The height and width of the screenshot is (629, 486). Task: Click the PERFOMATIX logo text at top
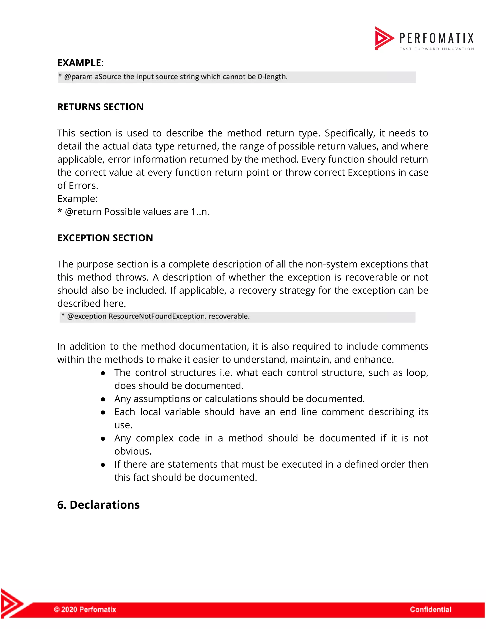click(436, 38)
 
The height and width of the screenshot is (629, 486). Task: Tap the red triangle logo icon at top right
click(384, 38)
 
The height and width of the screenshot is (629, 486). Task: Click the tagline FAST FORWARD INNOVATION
click(436, 49)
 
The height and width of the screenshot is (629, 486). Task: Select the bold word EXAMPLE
click(79, 63)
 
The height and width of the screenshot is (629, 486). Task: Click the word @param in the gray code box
click(78, 77)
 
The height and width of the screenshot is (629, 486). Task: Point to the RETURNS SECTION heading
click(100, 107)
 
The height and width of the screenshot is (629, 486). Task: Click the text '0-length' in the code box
click(272, 77)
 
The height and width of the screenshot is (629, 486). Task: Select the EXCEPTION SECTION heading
click(105, 238)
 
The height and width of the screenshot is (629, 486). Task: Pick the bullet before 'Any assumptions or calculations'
click(103, 399)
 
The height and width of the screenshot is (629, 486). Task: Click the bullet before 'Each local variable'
click(103, 413)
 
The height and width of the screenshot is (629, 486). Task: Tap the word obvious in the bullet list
click(132, 451)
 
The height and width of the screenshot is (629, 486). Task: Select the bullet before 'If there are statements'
click(103, 465)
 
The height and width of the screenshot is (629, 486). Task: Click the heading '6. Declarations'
click(98, 505)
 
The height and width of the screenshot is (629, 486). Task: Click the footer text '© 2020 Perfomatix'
click(85, 609)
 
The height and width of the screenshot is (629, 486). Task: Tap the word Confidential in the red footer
click(430, 609)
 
